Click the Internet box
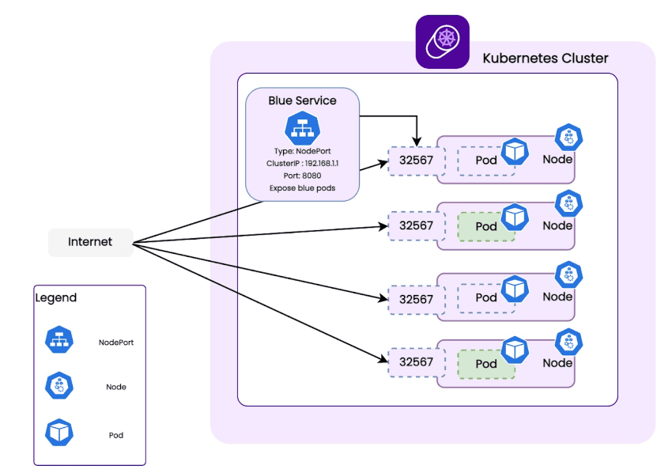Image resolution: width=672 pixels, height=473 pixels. [90, 242]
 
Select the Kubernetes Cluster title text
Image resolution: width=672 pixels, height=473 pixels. [546, 59]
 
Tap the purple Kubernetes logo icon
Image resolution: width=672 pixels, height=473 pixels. [443, 42]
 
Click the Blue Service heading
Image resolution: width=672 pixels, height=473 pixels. [302, 100]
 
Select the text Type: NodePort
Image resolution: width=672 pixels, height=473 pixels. [302, 150]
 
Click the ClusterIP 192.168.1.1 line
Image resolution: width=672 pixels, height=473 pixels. [302, 163]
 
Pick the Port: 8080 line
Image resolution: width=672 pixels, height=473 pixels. [302, 176]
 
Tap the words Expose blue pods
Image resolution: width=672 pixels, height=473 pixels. [302, 188]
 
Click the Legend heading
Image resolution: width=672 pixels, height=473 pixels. [56, 298]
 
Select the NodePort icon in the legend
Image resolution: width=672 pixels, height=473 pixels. [59, 340]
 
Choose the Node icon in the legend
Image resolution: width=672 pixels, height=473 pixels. [59, 386]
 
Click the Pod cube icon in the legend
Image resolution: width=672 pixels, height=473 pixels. [59, 433]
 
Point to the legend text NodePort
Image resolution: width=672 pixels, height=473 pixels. [116, 342]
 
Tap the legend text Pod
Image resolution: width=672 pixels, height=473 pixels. [116, 435]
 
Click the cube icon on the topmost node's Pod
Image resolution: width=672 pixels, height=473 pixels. [515, 151]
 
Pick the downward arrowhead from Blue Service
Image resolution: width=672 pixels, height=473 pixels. [417, 140]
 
